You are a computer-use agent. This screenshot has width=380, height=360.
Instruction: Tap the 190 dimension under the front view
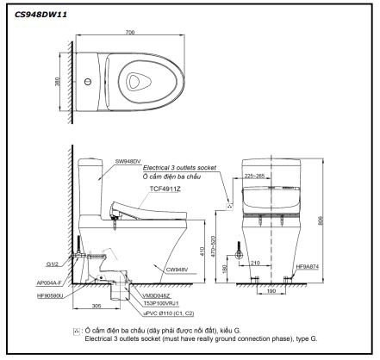coord(271,292)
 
